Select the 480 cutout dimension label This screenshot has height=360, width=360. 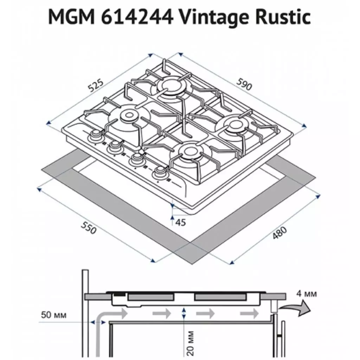click(x=279, y=233)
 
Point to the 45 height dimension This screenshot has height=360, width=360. click(x=180, y=222)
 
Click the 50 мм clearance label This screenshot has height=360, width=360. click(x=54, y=315)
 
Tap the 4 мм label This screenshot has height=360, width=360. click(x=307, y=294)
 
